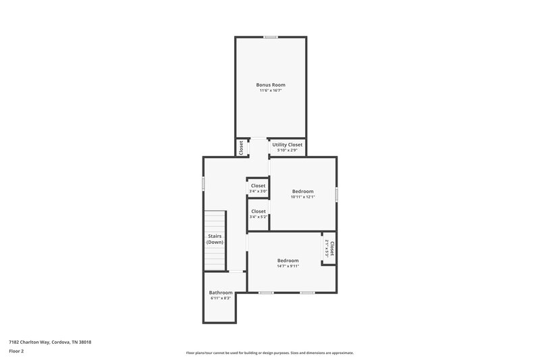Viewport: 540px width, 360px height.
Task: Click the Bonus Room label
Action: [x=270, y=84]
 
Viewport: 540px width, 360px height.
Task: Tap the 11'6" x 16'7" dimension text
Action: [x=270, y=91]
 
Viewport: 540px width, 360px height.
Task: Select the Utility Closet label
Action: [x=287, y=145]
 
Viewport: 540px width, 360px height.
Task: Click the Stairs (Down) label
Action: [x=215, y=239]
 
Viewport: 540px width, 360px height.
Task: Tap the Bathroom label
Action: [x=220, y=292]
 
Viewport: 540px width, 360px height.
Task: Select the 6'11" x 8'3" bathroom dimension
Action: [x=220, y=298]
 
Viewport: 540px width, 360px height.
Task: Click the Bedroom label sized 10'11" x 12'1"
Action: [x=302, y=191]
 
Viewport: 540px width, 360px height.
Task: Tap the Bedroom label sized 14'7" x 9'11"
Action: [x=288, y=260]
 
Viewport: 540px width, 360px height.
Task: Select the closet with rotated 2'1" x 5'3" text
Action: [x=329, y=249]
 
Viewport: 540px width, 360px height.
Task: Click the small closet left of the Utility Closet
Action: [x=240, y=147]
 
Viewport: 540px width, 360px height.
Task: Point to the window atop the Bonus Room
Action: [x=271, y=37]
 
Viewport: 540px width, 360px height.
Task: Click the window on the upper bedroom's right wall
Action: [x=336, y=195]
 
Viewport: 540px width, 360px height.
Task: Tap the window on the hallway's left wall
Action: [x=204, y=183]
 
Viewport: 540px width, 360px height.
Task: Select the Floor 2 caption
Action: [x=16, y=351]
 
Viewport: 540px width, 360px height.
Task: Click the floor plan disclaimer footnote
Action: [x=269, y=353]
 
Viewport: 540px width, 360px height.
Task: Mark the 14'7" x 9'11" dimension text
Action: [x=288, y=266]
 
